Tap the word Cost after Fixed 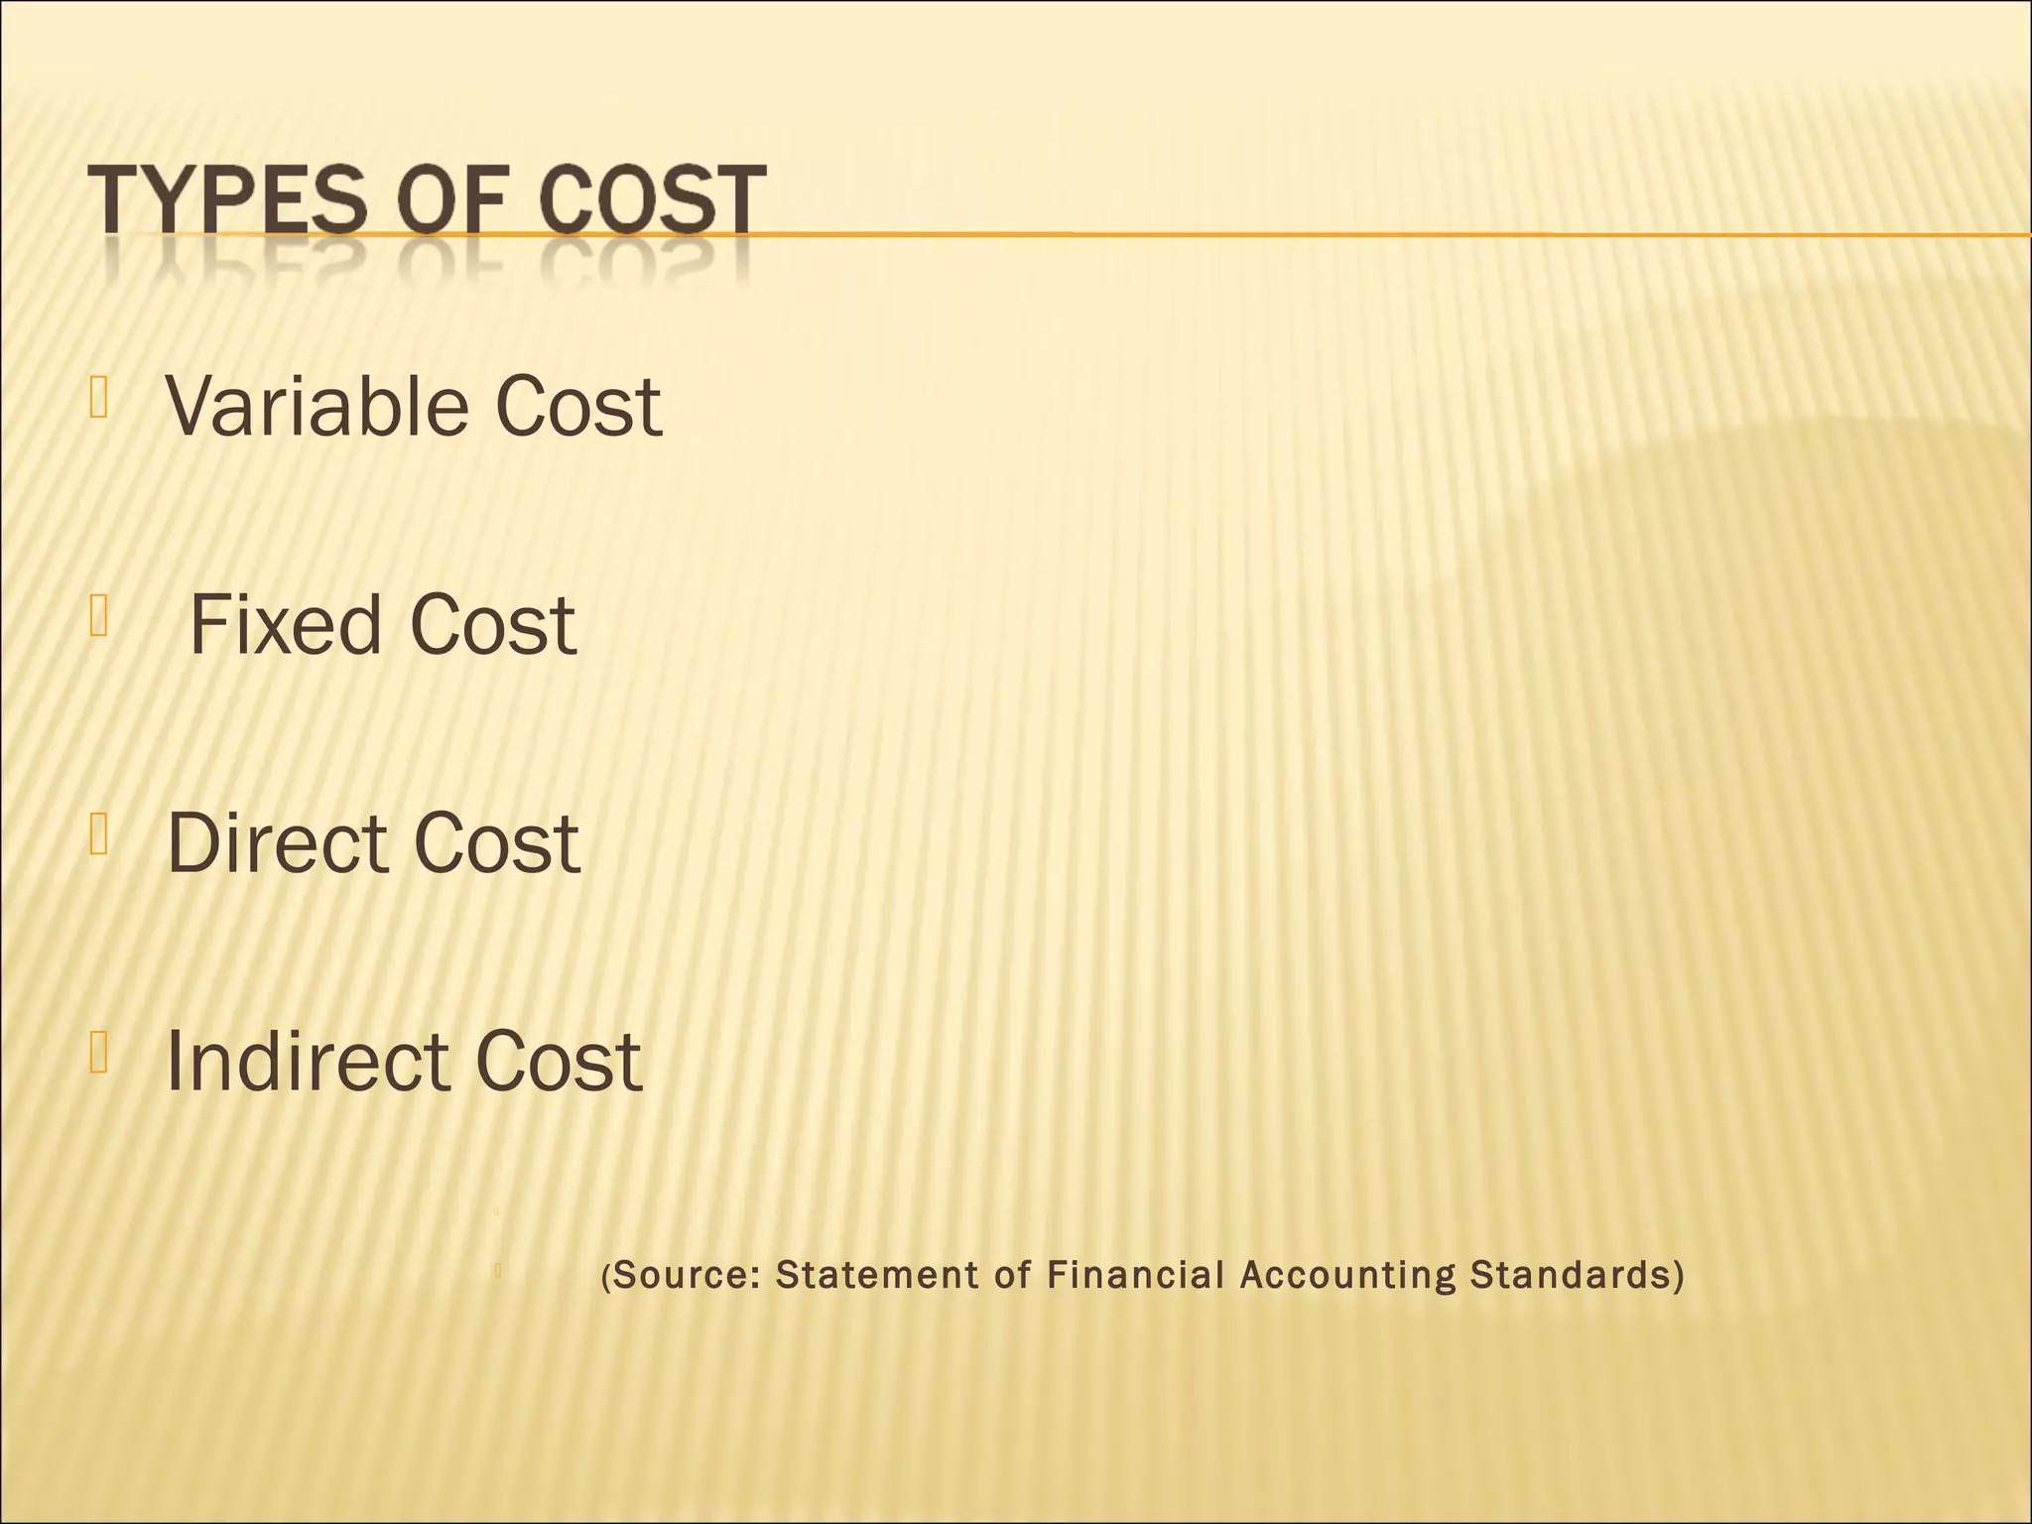pyautogui.click(x=492, y=624)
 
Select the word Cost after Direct pyautogui.click(x=496, y=842)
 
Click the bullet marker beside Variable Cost pyautogui.click(x=97, y=398)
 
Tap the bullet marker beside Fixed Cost pyautogui.click(x=97, y=616)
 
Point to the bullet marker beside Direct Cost pyautogui.click(x=97, y=834)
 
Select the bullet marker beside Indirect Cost pyautogui.click(x=97, y=1053)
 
